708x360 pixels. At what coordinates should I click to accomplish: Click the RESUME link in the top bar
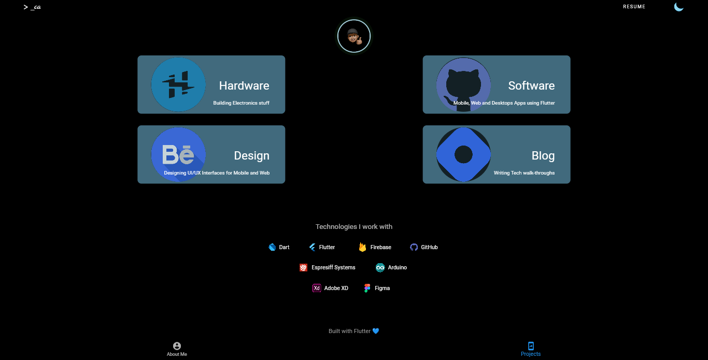[634, 7]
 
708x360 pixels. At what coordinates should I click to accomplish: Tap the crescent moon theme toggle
[678, 7]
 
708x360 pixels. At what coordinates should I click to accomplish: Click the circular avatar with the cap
[354, 36]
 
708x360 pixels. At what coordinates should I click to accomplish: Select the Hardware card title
[244, 85]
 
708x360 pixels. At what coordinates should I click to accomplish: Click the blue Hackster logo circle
[178, 84]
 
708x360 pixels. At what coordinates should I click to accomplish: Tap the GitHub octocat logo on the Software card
[463, 84]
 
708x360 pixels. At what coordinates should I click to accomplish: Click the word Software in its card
[531, 85]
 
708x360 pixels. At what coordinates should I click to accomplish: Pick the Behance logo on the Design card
[178, 154]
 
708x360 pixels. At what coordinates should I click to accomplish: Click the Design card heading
[251, 155]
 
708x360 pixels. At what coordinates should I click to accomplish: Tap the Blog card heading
[543, 155]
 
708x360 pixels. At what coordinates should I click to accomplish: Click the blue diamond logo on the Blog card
[463, 154]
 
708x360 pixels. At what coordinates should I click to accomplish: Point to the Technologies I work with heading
[354, 226]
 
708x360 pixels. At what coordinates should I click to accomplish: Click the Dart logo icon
[272, 247]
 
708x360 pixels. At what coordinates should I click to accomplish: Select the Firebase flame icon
[362, 247]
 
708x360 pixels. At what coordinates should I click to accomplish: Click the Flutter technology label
[327, 247]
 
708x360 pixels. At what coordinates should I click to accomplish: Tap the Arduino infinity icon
[380, 267]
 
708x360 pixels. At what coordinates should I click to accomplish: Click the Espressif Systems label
[333, 267]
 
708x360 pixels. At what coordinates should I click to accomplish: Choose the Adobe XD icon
[317, 288]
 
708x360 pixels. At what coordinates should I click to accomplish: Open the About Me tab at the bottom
[177, 349]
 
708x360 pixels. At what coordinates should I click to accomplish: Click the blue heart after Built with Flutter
[376, 331]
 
